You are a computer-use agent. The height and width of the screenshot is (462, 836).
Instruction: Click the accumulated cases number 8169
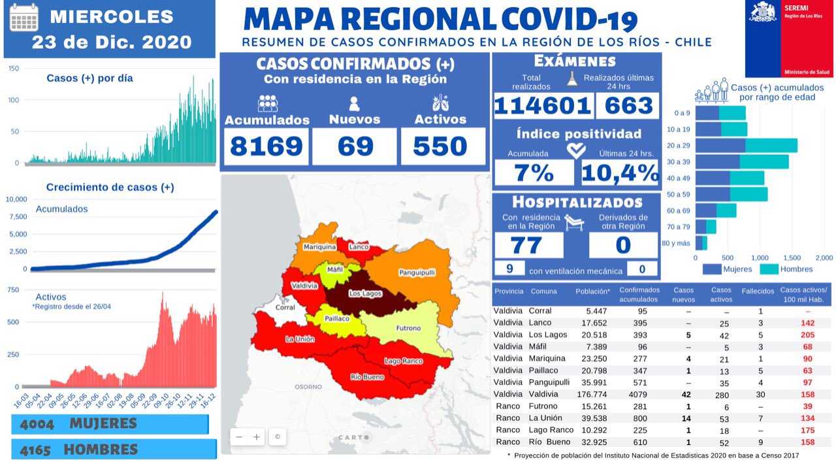pos(266,146)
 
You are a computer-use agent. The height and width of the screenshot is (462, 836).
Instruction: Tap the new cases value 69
pos(355,146)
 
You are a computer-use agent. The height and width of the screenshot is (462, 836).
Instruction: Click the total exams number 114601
pos(543,105)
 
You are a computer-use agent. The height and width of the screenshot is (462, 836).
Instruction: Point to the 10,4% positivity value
pos(620,173)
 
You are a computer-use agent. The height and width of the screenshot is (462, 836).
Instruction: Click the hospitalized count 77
pos(527,245)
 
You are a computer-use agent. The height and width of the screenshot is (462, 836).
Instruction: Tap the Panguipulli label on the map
pos(417,272)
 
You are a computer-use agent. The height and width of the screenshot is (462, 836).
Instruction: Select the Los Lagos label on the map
pos(365,293)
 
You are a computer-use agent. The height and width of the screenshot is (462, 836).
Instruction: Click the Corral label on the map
pos(285,307)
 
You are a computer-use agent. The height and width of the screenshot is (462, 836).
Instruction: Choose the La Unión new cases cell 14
pos(684,418)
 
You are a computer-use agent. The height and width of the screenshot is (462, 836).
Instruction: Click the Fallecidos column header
pos(758,291)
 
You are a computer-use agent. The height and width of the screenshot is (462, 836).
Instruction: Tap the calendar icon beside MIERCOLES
pos(24,18)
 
